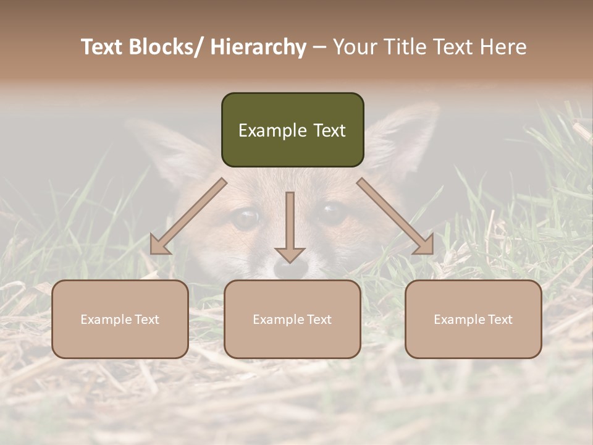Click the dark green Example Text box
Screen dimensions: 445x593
coord(292,130)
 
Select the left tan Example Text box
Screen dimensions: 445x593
coord(120,319)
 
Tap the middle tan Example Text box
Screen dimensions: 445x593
coord(292,319)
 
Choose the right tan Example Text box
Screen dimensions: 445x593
coord(473,319)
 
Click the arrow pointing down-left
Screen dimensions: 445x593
coord(188,216)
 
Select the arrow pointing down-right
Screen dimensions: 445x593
coord(395,216)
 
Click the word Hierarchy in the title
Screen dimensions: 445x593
coord(258,47)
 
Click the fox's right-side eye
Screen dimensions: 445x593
coord(332,213)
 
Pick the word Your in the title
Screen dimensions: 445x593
coord(353,47)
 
